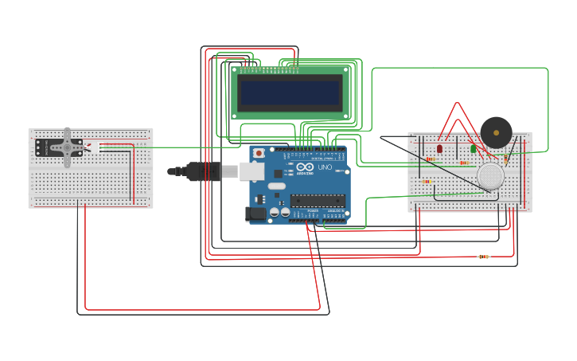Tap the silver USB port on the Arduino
coord(251,171)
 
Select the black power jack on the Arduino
coord(257,214)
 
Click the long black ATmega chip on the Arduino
coord(318,200)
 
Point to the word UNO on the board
coord(325,168)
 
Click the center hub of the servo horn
coord(68,147)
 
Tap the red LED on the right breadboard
coord(439,148)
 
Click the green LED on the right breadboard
coord(473,148)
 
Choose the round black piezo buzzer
coord(496,132)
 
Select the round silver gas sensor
coord(490,176)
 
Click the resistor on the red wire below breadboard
coord(483,257)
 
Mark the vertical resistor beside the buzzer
coord(506,158)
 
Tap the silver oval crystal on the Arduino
coord(276,186)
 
